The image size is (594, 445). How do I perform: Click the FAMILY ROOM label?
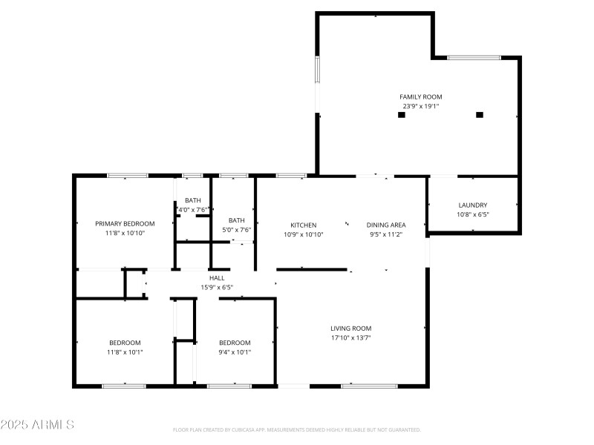point(421,97)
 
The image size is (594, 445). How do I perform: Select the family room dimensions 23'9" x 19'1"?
point(421,106)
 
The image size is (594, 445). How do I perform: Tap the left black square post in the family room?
point(402,115)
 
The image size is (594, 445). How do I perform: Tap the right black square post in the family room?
point(480,115)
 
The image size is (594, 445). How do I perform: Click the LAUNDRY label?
point(472,205)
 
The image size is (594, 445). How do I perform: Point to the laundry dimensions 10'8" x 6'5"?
point(472,214)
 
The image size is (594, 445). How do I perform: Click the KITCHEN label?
point(303,225)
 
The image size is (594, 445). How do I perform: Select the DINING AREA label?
point(386,225)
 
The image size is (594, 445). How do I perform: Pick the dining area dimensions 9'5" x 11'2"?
point(386,234)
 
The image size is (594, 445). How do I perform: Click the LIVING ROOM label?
point(350,328)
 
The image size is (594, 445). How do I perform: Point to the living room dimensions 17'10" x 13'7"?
point(350,337)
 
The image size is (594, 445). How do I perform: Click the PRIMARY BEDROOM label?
point(125,223)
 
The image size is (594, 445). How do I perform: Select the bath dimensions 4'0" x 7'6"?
point(193,210)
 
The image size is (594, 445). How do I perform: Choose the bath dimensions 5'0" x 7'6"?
point(236,230)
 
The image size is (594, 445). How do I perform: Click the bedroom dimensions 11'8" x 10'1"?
point(125,352)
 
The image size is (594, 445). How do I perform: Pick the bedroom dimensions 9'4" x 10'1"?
point(235,352)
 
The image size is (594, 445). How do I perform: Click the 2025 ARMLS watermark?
point(37,425)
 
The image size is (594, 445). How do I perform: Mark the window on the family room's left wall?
point(317,70)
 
